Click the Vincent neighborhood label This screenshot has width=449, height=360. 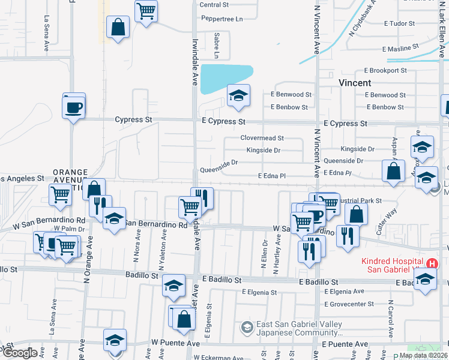pos(355,83)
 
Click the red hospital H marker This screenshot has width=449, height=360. pos(431,263)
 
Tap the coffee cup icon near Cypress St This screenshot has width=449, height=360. pos(74,107)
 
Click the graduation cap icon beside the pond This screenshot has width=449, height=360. pos(238,95)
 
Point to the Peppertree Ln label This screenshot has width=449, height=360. pos(221,19)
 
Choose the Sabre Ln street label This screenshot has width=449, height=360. pos(217,42)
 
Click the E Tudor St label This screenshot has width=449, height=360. pos(400,24)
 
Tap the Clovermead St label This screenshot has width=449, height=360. pos(262,138)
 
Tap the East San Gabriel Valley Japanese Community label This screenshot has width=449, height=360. pos(299,328)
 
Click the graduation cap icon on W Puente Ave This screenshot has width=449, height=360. pos(115,340)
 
